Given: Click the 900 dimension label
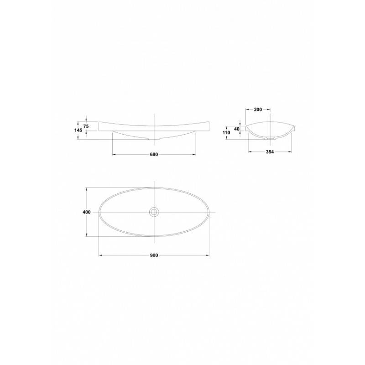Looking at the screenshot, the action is tap(154, 255).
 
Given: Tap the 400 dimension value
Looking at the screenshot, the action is tap(87, 212).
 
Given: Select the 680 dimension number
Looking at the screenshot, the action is tap(154, 155).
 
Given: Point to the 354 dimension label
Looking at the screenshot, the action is tap(270, 152).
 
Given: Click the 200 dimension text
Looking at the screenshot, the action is tap(258, 109).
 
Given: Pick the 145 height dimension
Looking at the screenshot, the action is tap(78, 130).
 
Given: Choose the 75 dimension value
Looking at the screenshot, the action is tap(86, 126).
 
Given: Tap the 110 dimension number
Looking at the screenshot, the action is tap(226, 133).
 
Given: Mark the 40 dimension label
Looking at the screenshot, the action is tap(237, 129).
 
